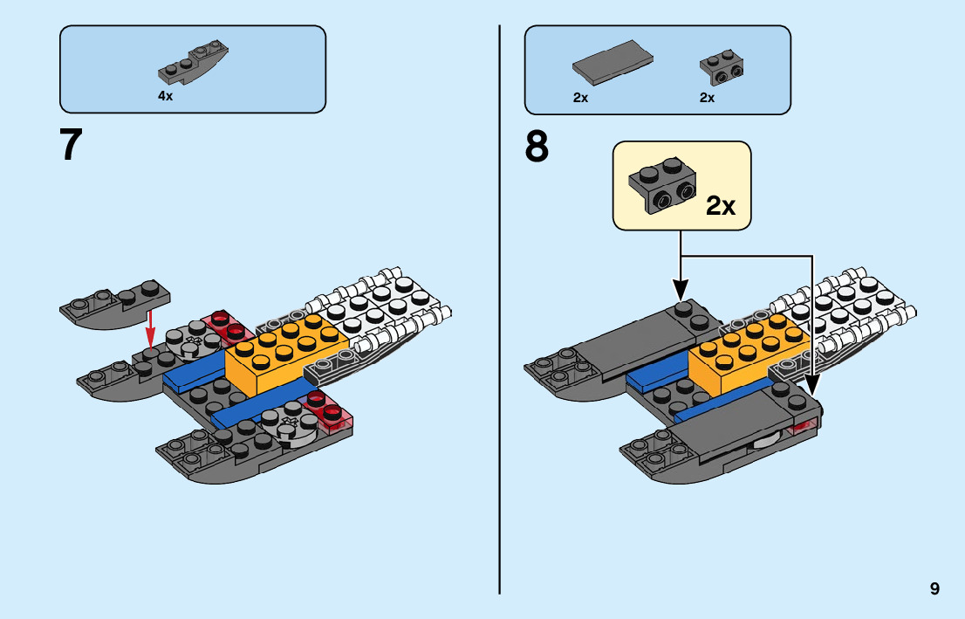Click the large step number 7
[x=71, y=145]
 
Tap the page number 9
[x=934, y=588]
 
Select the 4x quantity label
[x=166, y=96]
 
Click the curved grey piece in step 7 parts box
[x=194, y=62]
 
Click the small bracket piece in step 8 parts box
[x=722, y=68]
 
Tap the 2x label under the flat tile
[x=580, y=97]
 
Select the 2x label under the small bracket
[x=707, y=97]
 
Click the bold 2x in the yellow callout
[x=720, y=206]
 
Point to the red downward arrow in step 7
[x=149, y=329]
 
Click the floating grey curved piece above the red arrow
[x=115, y=304]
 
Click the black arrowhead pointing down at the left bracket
[x=680, y=290]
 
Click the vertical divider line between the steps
[x=500, y=310]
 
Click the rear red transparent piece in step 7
[x=229, y=327]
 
